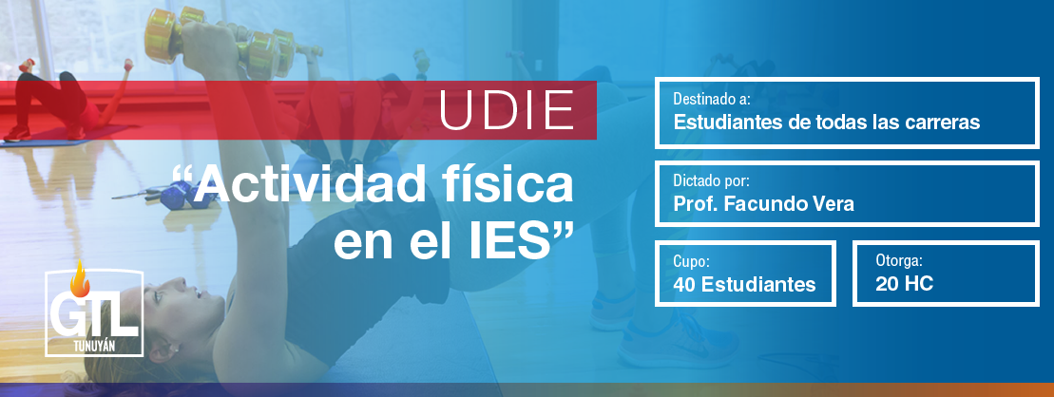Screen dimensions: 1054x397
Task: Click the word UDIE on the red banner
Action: [508, 110]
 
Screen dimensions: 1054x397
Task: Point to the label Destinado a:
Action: [712, 100]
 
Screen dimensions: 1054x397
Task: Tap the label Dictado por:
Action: [711, 180]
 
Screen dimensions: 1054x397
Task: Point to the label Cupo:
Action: [691, 262]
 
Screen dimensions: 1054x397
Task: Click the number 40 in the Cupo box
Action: [684, 284]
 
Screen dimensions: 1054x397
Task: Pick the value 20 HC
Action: [904, 283]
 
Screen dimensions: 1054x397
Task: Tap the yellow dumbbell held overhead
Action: [220, 43]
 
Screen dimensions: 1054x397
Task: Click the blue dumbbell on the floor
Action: [176, 197]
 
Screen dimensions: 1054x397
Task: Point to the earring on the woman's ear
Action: [171, 349]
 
